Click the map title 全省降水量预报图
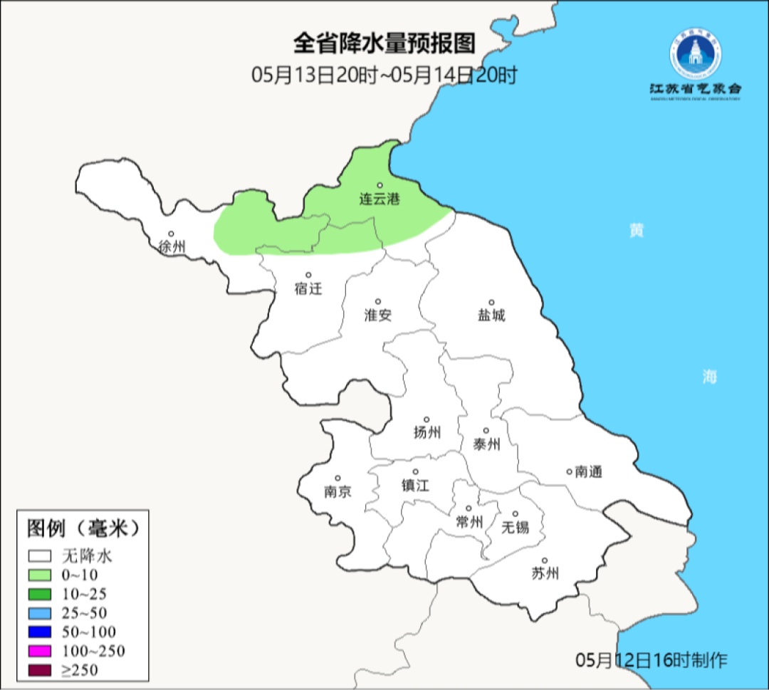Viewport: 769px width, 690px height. click(384, 44)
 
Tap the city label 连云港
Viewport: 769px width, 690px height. click(379, 199)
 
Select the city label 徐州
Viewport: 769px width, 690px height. click(172, 247)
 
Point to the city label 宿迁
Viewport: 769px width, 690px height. click(308, 288)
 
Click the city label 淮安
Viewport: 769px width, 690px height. click(378, 315)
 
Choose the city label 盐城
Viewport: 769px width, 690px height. click(491, 315)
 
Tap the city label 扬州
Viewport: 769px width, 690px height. click(427, 432)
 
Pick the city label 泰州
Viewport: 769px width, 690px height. click(486, 444)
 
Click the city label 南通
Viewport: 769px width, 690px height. click(588, 471)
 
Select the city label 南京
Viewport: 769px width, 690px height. click(338, 491)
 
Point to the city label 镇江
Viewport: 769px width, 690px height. click(415, 485)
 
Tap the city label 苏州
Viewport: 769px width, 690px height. click(545, 573)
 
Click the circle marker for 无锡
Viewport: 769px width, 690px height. click(516, 514)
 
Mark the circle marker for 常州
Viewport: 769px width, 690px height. click(469, 508)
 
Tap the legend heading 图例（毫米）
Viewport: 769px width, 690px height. click(82, 528)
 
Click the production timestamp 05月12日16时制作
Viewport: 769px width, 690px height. click(652, 660)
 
